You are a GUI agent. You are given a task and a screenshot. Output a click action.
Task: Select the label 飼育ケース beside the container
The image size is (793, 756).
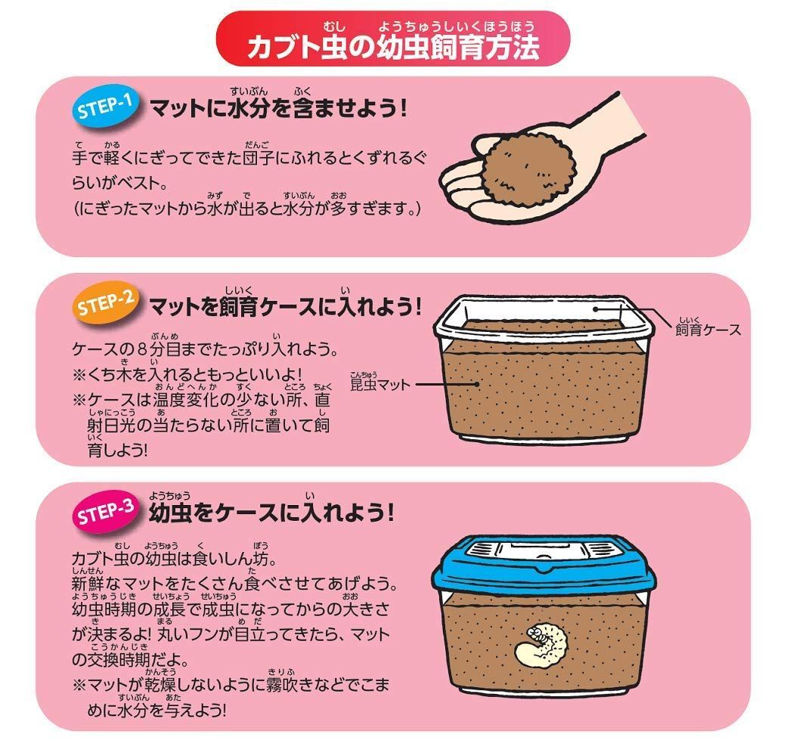[x=707, y=330]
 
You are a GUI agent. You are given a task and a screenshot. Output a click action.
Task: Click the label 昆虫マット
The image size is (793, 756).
[x=380, y=384]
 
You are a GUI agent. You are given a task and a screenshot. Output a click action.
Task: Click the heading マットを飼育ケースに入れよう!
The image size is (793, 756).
[x=284, y=308]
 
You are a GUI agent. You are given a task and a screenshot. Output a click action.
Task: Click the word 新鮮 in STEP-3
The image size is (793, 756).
[x=89, y=587]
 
